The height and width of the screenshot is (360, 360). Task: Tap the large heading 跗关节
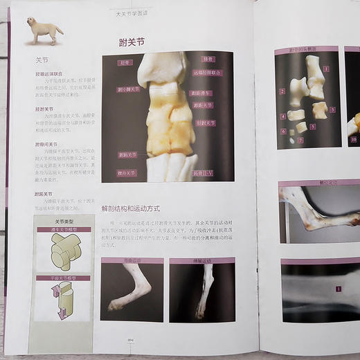pos(132,42)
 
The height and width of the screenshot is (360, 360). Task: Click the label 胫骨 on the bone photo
pos(125,62)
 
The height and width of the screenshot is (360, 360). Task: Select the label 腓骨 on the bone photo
pos(208,60)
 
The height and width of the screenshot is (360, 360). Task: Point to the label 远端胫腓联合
pos(208,72)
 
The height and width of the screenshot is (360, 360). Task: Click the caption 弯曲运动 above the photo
pos(132,262)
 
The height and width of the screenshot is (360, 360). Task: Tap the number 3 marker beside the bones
pos(332,109)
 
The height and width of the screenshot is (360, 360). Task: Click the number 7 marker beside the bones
pos(300,141)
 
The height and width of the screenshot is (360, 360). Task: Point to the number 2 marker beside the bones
pos(282,91)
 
